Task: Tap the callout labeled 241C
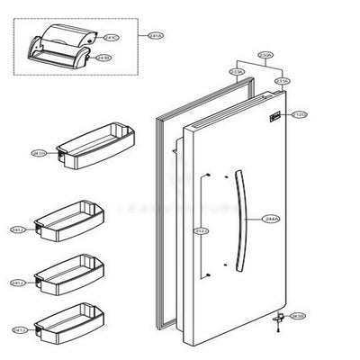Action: click(x=111, y=39)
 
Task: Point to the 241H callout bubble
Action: click(x=39, y=154)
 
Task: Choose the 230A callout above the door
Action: click(x=265, y=56)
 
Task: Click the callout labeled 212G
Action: click(x=301, y=114)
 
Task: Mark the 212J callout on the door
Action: click(x=201, y=231)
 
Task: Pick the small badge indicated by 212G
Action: click(x=276, y=116)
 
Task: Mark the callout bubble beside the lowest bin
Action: click(x=18, y=329)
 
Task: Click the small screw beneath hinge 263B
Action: click(x=281, y=324)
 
